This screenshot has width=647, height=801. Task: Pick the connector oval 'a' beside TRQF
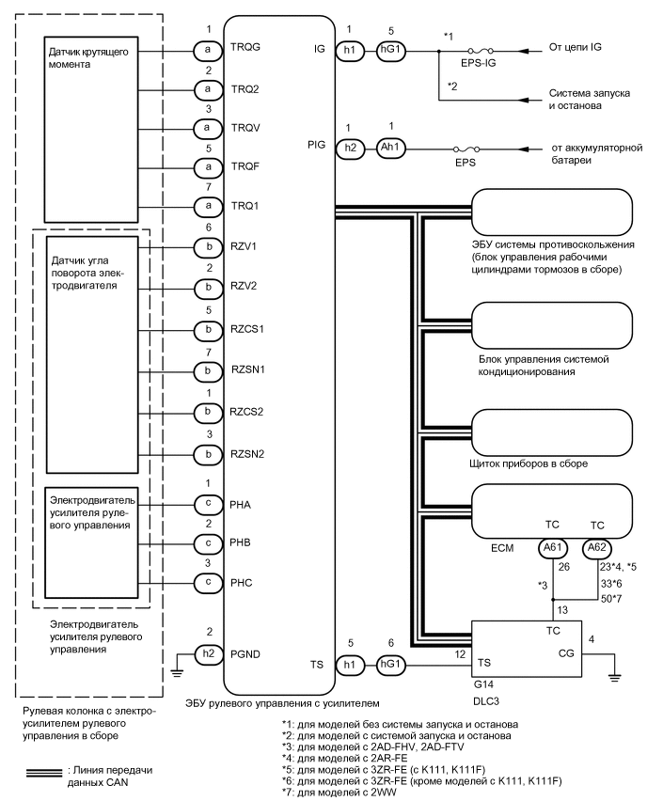[202, 166]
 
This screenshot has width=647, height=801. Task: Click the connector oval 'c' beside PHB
[202, 543]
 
